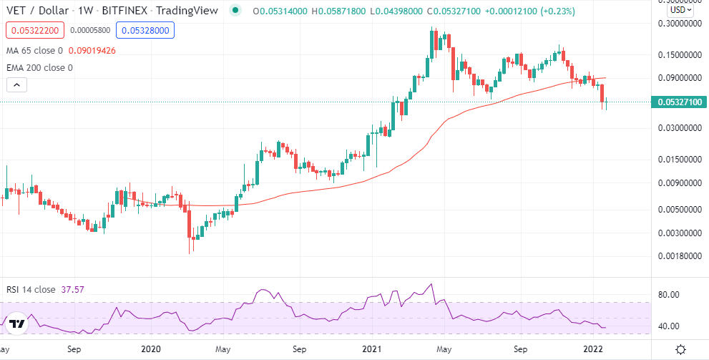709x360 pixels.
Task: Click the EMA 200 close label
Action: click(x=39, y=68)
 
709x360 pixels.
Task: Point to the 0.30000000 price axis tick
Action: click(x=679, y=23)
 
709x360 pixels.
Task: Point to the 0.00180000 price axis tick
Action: click(x=679, y=256)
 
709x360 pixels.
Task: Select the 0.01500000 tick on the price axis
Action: click(x=679, y=160)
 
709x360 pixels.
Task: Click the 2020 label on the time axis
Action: click(x=150, y=349)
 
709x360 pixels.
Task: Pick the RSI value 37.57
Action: click(x=75, y=289)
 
